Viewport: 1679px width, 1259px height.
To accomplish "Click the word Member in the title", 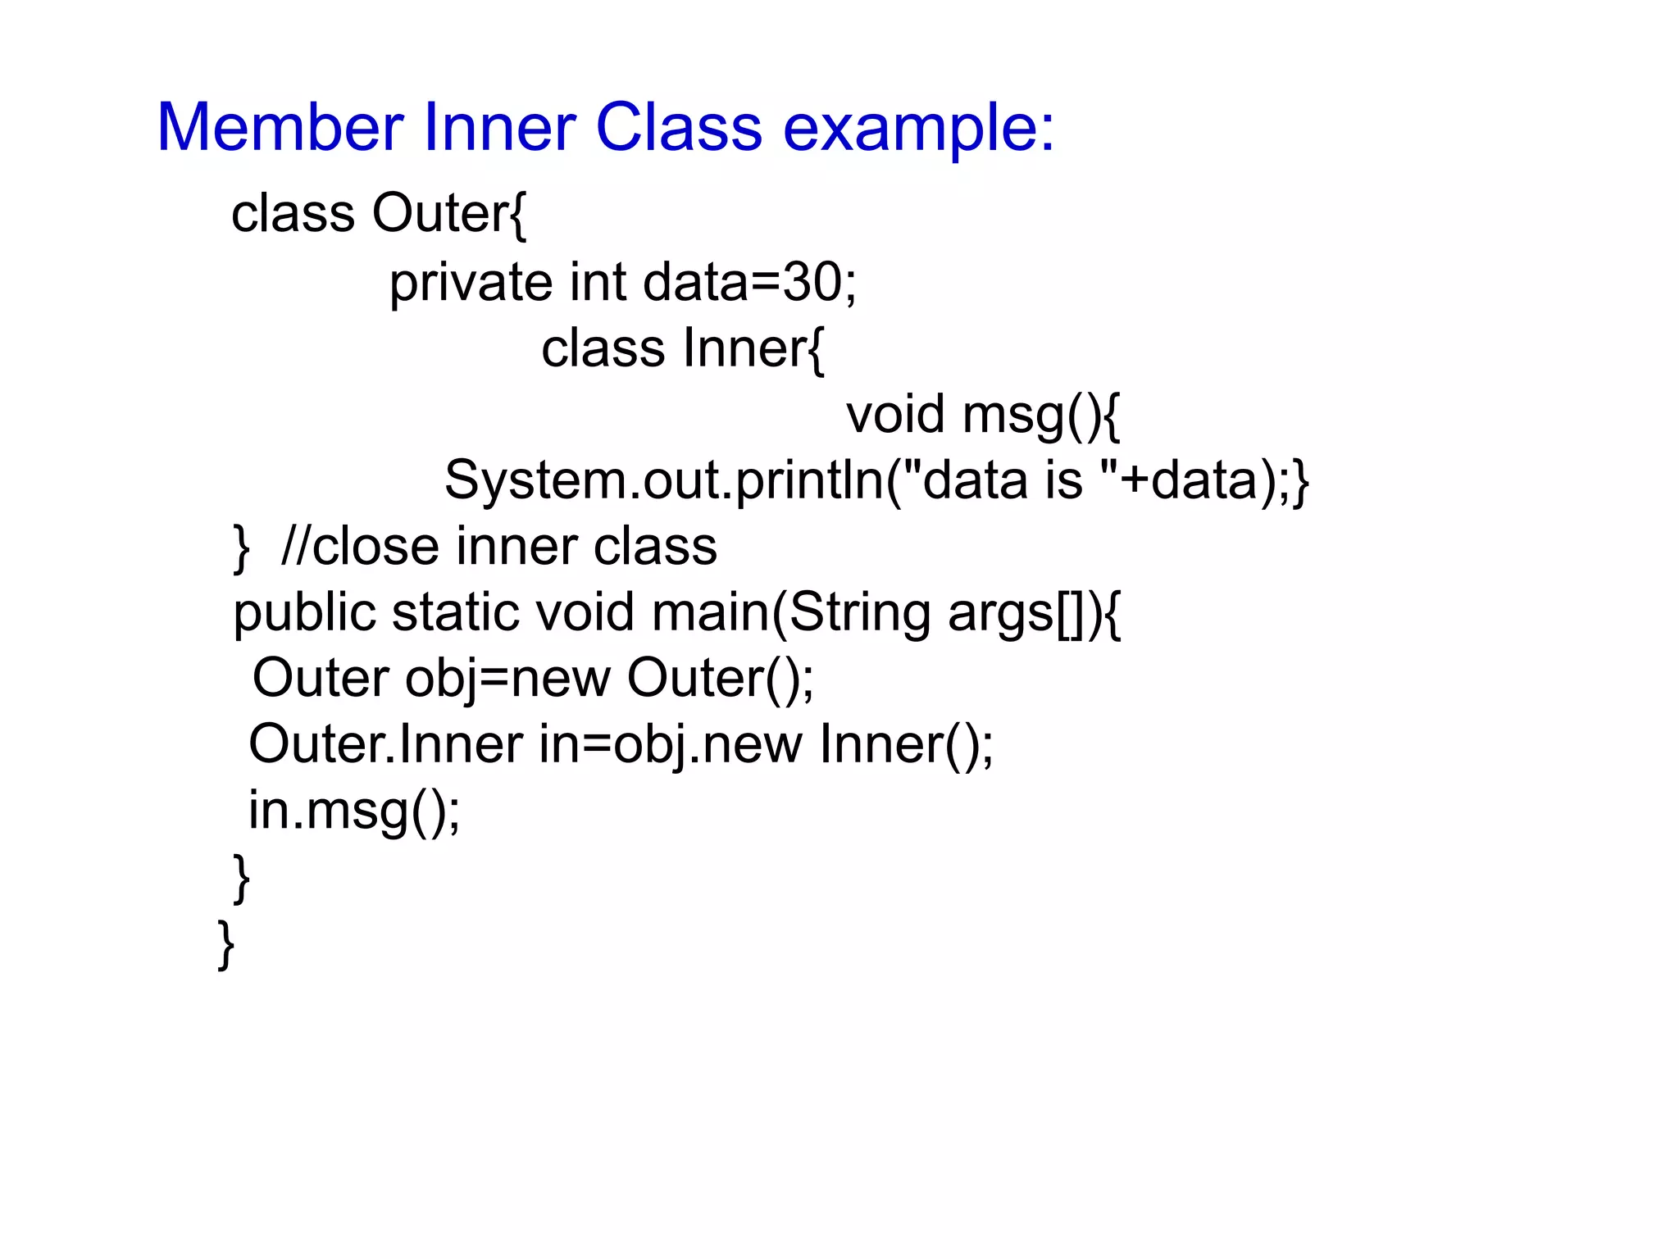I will (280, 128).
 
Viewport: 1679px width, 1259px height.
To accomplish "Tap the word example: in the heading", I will (918, 130).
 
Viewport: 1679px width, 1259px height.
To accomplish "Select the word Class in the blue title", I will (679, 128).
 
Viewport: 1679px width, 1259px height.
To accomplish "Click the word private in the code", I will (471, 284).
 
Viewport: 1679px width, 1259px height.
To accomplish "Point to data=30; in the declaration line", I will (749, 282).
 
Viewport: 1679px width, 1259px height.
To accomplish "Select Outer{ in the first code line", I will (448, 214).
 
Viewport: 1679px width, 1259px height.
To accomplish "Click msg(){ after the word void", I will (1040, 416).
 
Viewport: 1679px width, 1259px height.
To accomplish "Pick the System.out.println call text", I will (664, 480).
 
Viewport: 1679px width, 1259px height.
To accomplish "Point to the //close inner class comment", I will (498, 547).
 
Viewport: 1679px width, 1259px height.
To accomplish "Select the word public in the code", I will (303, 614).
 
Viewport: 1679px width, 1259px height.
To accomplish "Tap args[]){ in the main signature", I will (1034, 614).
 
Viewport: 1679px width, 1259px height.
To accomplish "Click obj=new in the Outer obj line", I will (507, 679).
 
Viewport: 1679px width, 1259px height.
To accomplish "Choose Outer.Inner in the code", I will (385, 744).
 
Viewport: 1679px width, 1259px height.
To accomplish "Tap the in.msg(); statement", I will (354, 811).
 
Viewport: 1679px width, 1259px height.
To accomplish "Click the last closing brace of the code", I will (226, 944).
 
